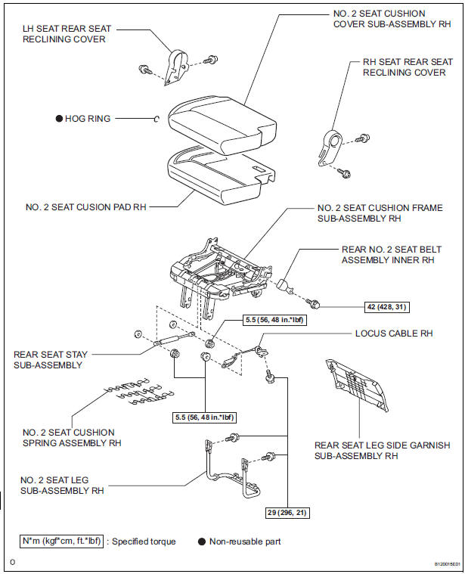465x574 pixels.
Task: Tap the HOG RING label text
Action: click(x=87, y=119)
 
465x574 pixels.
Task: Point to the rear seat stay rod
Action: click(x=170, y=340)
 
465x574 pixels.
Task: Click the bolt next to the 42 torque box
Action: click(x=318, y=305)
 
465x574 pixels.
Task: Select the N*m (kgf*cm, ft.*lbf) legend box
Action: click(x=60, y=541)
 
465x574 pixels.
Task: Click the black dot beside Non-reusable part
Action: click(x=203, y=541)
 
